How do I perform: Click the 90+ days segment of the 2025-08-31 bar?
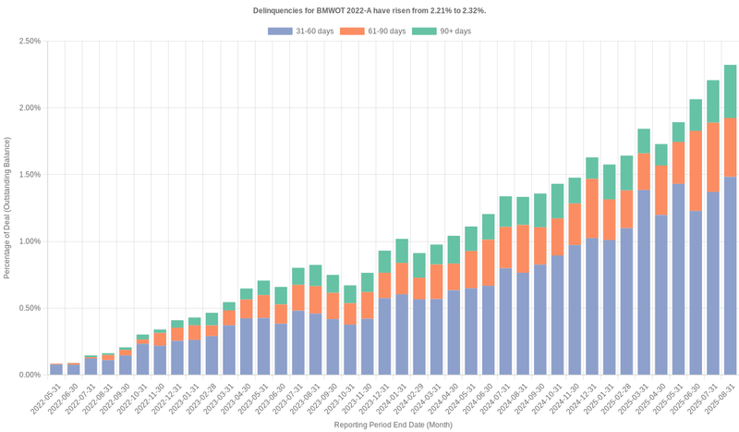tap(730, 91)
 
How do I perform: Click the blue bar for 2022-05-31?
tap(56, 369)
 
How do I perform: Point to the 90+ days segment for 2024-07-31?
tap(505, 212)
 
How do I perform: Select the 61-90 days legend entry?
tap(372, 31)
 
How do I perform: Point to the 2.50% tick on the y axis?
tap(29, 41)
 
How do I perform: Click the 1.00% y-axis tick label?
tap(29, 241)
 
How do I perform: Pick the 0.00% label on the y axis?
tap(29, 375)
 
